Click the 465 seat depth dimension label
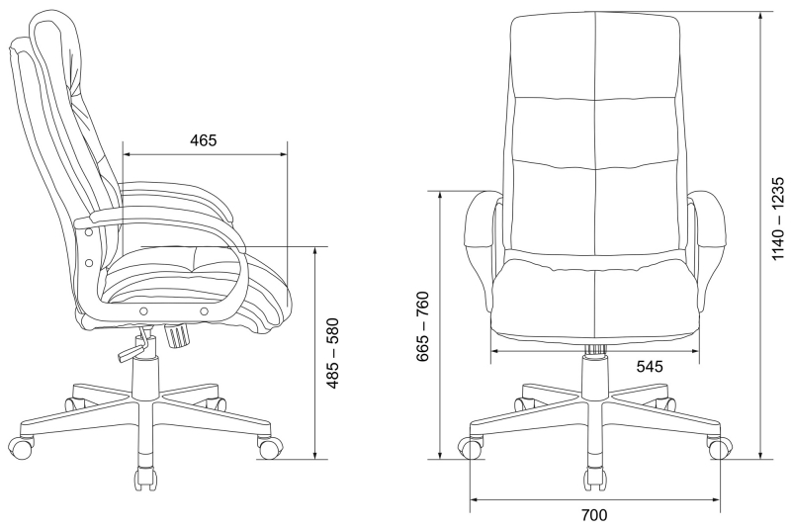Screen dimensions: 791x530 click(x=204, y=140)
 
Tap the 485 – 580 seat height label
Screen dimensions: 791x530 click(x=333, y=354)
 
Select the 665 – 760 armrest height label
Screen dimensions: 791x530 click(x=423, y=326)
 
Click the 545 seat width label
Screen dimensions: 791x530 click(x=650, y=366)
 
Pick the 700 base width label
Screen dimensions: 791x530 click(x=594, y=515)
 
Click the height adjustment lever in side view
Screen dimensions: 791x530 click(x=134, y=347)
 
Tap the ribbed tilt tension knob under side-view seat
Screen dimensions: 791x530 click(x=178, y=335)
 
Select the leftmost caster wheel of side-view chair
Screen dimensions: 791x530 click(x=22, y=446)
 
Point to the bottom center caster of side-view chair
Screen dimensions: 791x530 click(x=144, y=478)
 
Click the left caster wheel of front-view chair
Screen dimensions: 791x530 click(x=471, y=448)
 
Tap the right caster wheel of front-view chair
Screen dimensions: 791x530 click(x=719, y=448)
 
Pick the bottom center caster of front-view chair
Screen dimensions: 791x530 click(x=595, y=478)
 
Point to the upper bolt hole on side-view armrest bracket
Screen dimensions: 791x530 click(x=89, y=232)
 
